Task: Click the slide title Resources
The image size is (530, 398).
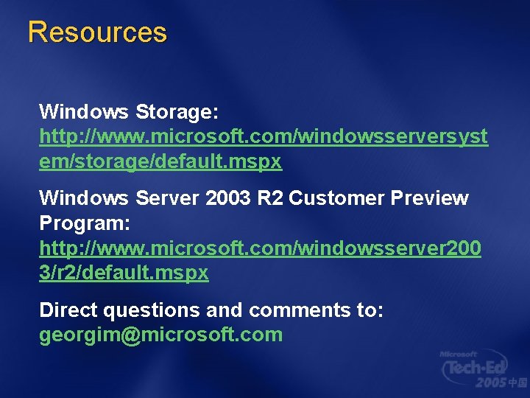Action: (x=97, y=32)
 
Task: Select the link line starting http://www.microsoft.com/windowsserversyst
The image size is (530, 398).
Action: (x=263, y=137)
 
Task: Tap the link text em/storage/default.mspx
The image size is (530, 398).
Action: (x=160, y=162)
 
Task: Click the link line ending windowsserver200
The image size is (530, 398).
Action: (x=260, y=248)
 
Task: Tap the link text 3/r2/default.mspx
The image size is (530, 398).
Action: (x=124, y=273)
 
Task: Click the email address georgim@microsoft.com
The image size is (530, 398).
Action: (x=160, y=335)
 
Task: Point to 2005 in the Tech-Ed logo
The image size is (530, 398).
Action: (x=490, y=383)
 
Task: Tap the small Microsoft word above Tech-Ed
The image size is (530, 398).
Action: (x=459, y=354)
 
